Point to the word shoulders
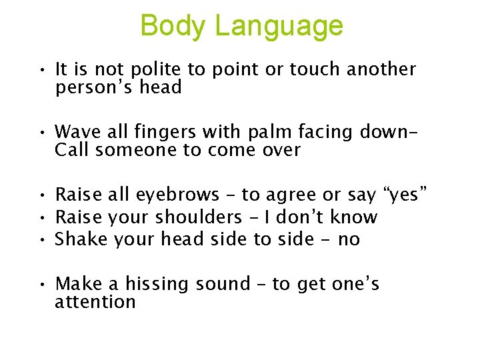tap(199, 217)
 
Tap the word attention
tap(95, 302)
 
